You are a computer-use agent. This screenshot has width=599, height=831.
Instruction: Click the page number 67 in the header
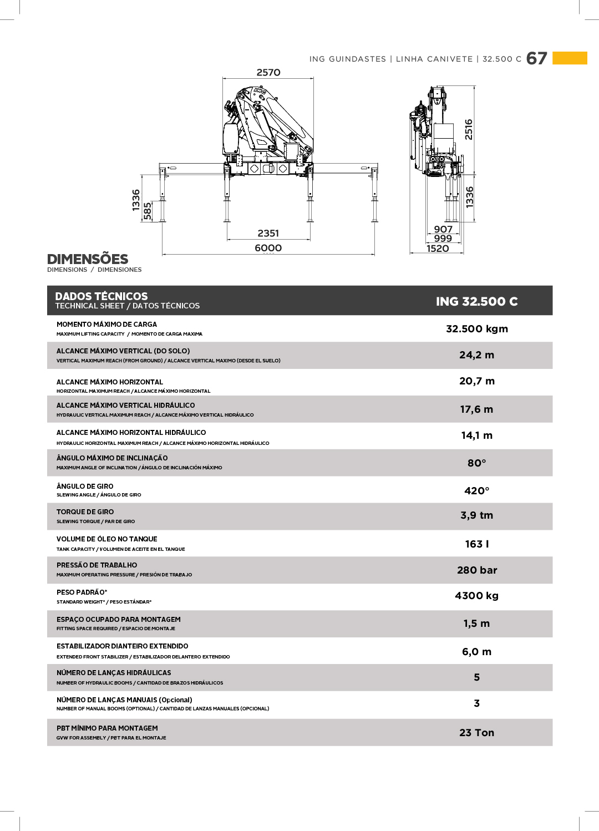coord(536,58)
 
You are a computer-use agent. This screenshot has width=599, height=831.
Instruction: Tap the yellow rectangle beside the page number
coord(570,58)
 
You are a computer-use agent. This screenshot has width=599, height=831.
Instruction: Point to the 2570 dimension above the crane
coord(268,73)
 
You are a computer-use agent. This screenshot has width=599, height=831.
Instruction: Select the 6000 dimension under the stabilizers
coord(268,248)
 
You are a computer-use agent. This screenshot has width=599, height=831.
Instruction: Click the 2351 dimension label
coord(268,234)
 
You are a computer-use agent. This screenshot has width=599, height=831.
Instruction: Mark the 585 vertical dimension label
coord(148,211)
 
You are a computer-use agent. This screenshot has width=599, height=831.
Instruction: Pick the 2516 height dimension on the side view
coord(469,129)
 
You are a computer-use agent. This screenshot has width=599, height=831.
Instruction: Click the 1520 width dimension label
coord(438,249)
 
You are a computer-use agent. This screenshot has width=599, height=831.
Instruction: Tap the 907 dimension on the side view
coord(443,229)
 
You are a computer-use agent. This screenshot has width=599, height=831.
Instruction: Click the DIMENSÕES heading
coord(88,259)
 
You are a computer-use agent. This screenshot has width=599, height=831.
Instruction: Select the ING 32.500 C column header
coord(476,301)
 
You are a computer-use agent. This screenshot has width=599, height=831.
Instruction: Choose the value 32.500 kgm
coord(477,329)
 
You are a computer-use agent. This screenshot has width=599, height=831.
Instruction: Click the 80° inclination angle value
coord(476,463)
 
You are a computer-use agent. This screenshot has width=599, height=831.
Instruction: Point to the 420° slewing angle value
coord(476,491)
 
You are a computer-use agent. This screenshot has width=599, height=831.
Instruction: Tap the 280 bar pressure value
coord(477,570)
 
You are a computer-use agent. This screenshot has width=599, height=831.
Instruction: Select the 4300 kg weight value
coord(476,596)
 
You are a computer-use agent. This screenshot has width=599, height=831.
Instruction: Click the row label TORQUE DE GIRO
coord(85,512)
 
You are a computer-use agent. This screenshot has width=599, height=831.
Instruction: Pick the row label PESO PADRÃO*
coord(82,592)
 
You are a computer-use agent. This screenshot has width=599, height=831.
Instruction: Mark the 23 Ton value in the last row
coord(476,733)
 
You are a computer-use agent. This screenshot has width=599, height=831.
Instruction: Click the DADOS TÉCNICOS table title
coord(101,296)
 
